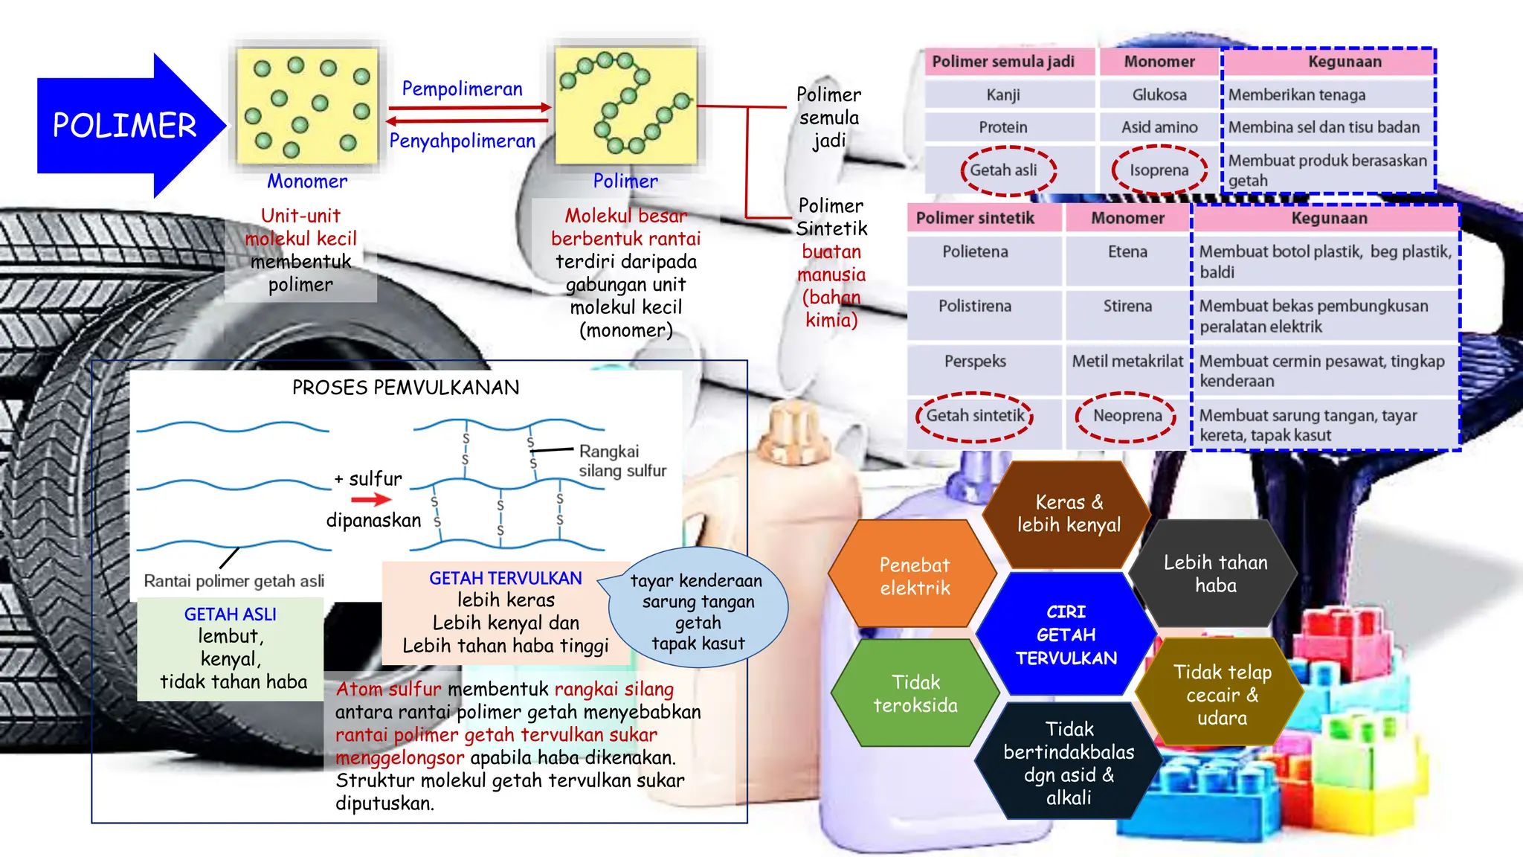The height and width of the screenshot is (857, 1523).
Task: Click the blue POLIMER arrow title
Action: [125, 125]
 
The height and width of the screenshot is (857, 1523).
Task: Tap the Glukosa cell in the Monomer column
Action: [1159, 94]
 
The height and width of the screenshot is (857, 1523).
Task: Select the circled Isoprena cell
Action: [1159, 170]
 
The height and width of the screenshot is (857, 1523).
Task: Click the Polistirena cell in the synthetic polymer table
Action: [975, 306]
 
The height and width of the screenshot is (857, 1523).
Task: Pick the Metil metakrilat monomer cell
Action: [1127, 361]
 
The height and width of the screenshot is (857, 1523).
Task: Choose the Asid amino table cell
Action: [1159, 127]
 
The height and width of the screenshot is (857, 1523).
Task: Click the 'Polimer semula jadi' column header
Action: [1003, 62]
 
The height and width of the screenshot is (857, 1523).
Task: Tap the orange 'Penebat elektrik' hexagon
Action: [914, 575]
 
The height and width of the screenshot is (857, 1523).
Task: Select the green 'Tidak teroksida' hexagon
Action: [915, 693]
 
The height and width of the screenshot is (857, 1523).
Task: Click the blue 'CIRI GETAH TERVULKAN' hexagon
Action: [1066, 635]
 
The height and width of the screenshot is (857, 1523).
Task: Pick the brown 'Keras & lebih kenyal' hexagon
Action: [1069, 513]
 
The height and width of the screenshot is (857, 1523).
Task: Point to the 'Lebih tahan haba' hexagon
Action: [1215, 574]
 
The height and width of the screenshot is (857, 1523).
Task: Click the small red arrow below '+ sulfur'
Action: [371, 500]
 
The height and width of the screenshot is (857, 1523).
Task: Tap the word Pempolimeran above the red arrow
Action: [462, 89]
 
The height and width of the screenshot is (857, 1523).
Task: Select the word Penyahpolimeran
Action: [462, 141]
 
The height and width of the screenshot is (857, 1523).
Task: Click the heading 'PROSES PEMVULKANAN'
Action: [405, 388]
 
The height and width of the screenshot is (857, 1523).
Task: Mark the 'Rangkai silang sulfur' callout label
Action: [622, 461]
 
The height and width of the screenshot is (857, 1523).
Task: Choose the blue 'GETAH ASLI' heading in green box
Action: [231, 614]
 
